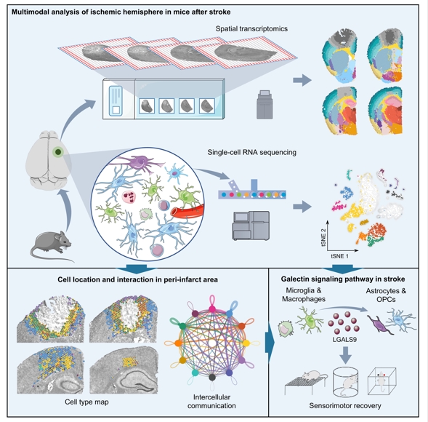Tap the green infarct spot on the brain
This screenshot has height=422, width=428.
click(58, 152)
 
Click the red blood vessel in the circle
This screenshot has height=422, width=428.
click(187, 210)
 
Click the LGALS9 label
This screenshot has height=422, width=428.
click(344, 340)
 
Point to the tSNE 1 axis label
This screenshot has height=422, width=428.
click(339, 256)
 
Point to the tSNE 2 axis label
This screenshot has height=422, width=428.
click(324, 237)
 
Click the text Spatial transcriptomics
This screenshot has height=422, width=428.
click(251, 28)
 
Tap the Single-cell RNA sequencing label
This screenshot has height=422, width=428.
click(251, 152)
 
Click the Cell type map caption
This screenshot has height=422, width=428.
click(86, 402)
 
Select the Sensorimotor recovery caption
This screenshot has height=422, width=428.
click(345, 405)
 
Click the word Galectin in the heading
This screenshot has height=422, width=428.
click(294, 279)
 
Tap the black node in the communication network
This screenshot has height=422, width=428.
click(212, 378)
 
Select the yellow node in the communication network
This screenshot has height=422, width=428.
click(246, 343)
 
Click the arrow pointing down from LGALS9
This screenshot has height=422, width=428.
click(346, 355)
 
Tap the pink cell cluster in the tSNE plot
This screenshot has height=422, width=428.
click(339, 205)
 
